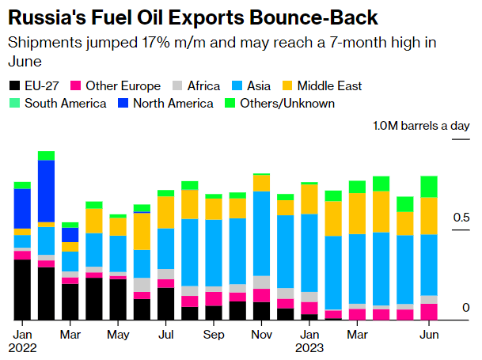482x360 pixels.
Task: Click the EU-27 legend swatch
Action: (x=14, y=85)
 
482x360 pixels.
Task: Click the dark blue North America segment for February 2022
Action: (x=47, y=191)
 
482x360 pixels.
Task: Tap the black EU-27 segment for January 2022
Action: (x=22, y=290)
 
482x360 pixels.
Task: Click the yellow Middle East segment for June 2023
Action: (x=429, y=215)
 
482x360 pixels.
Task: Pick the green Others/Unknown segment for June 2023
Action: (x=429, y=186)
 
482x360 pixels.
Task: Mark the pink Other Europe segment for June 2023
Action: (x=429, y=312)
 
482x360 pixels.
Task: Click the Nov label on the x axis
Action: (x=261, y=335)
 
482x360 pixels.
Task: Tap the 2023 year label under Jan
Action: (x=309, y=347)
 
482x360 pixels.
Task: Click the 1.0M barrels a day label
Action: (x=421, y=126)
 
